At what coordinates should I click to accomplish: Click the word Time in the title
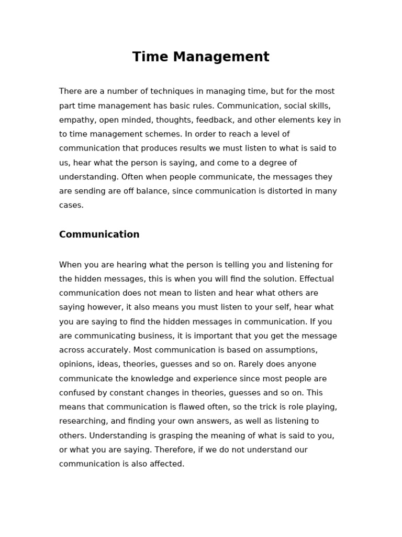point(149,57)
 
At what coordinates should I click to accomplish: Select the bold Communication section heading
point(99,234)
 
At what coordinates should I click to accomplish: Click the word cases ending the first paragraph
point(71,206)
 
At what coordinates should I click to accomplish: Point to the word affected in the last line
point(167,464)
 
